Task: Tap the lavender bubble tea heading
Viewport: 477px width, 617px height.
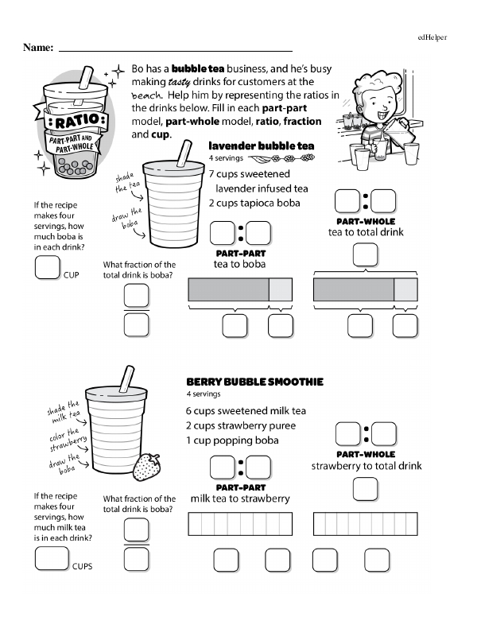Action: tap(261, 146)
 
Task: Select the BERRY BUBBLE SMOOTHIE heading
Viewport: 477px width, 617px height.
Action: tap(254, 382)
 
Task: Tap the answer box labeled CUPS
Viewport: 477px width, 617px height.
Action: tap(52, 559)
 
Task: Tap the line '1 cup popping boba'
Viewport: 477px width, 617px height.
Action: tap(232, 440)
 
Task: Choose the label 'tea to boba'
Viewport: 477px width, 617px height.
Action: tap(239, 264)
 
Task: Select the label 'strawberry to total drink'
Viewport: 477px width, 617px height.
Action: tap(366, 466)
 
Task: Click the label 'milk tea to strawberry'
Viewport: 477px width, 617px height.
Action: tap(239, 499)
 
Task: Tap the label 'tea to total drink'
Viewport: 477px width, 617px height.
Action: tap(366, 232)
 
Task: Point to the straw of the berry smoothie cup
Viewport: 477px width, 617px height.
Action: tap(126, 377)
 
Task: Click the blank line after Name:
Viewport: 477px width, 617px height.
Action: tap(175, 49)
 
